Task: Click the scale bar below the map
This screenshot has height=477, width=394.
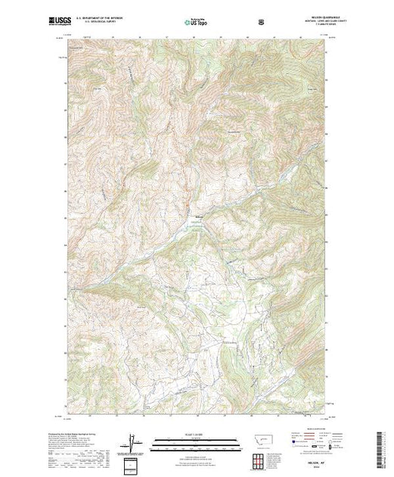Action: [x=196, y=440]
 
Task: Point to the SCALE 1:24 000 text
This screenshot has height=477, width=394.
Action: [x=196, y=434]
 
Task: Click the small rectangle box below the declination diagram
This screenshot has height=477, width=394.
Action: [x=134, y=462]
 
